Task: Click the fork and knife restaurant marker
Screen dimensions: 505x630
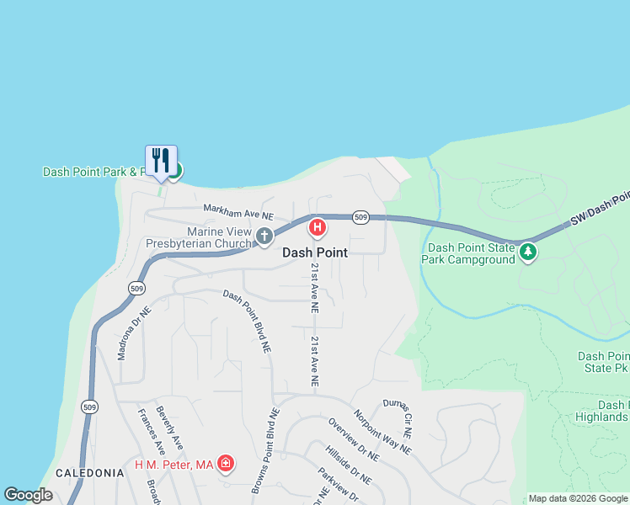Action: pos(162,160)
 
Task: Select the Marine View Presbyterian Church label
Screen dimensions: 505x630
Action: pos(198,238)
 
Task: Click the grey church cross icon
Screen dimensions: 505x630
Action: pos(264,237)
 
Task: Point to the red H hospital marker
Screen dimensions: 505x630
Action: pos(318,227)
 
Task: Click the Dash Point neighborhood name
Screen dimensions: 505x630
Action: pos(314,252)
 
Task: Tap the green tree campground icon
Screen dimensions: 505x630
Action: pos(528,252)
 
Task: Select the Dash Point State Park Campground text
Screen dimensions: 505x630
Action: pos(471,253)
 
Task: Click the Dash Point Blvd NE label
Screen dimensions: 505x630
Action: pos(248,320)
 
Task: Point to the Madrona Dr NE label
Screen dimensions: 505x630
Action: pos(134,333)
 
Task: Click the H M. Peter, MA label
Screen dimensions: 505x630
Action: pos(174,465)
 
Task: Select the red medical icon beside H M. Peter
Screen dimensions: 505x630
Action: pos(226,464)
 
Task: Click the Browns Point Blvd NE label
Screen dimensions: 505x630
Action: pos(264,450)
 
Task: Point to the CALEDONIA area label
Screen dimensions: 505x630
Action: pos(90,474)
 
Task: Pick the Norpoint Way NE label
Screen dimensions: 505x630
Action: pos(382,432)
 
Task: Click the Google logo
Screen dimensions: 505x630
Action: pos(29,495)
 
